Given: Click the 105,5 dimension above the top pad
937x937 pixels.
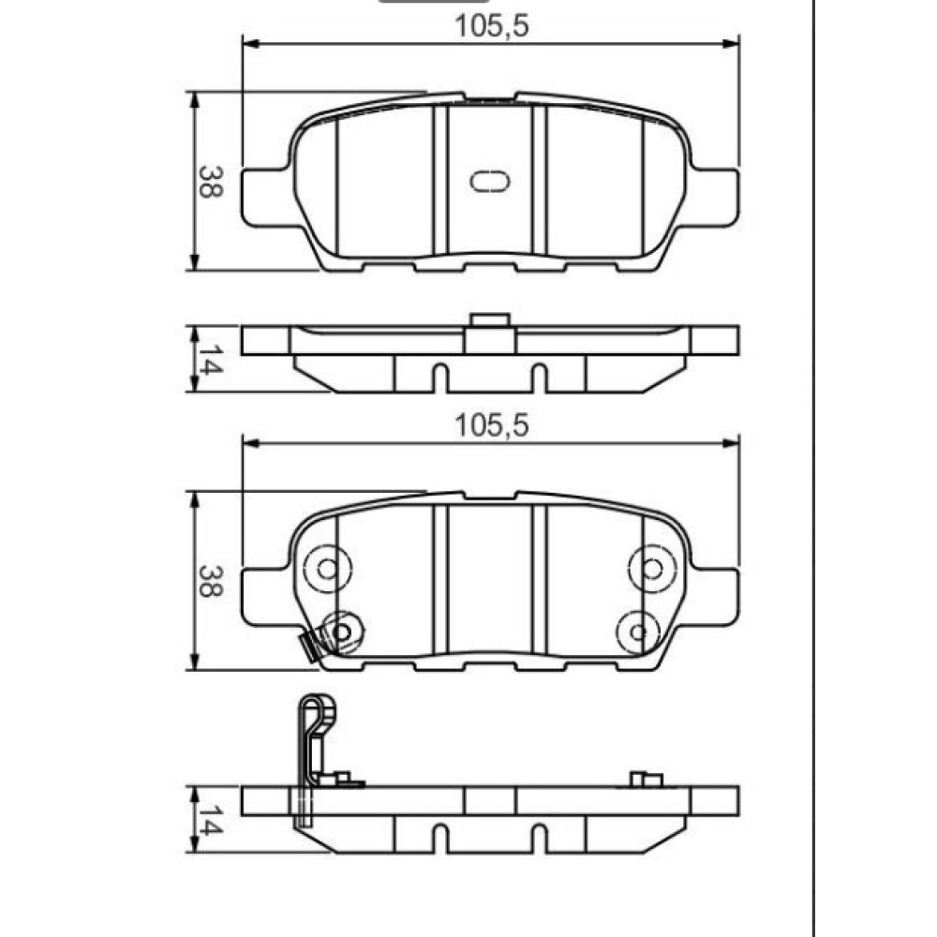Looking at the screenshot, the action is (491, 26).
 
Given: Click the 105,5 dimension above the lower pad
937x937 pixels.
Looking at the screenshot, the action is (491, 426).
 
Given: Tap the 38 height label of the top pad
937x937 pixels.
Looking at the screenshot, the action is (210, 182).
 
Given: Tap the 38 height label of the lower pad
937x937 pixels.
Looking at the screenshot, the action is (210, 581).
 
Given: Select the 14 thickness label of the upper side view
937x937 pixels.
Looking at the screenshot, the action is (210, 360).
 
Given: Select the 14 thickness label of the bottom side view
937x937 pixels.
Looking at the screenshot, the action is (210, 820).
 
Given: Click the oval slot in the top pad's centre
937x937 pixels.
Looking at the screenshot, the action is (489, 182).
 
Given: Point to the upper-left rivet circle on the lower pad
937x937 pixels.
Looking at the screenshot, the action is (327, 569).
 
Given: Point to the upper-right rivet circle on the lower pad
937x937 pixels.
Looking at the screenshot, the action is (652, 569).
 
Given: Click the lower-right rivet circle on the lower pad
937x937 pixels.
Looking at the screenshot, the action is (638, 632).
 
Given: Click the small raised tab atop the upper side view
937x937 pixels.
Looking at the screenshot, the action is (490, 320).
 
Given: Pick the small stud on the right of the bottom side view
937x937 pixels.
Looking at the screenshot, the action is (647, 780).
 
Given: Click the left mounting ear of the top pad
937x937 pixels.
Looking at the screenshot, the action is (266, 197).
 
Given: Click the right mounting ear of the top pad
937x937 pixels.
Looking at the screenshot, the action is (715, 197).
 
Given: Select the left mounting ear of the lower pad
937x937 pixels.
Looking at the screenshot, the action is (266, 597).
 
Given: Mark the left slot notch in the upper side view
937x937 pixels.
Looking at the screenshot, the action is (439, 378).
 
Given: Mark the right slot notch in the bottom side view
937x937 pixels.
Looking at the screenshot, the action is (539, 838).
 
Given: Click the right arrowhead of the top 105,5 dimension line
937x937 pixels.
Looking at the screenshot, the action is (732, 44).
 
